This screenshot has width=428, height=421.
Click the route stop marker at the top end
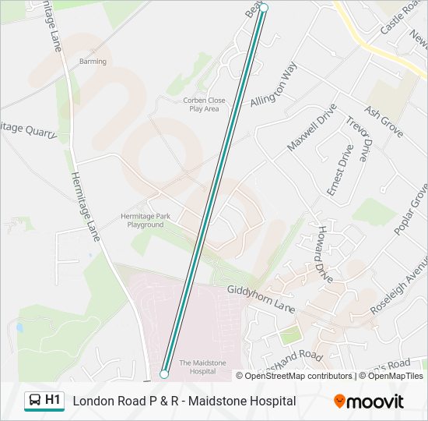(264, 8)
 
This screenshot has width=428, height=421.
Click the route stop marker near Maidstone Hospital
(164, 374)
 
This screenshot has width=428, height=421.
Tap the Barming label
(93, 62)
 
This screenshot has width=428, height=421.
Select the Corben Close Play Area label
(204, 104)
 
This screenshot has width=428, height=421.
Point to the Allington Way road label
(274, 86)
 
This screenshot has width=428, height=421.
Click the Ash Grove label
(384, 122)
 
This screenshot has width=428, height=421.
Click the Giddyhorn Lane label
(261, 299)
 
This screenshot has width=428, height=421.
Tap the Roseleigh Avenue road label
(398, 285)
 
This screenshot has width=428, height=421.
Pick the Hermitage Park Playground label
(146, 221)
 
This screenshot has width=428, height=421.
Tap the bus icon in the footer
(34, 401)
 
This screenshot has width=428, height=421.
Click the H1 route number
(53, 400)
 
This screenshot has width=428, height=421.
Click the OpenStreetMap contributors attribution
(298, 376)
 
